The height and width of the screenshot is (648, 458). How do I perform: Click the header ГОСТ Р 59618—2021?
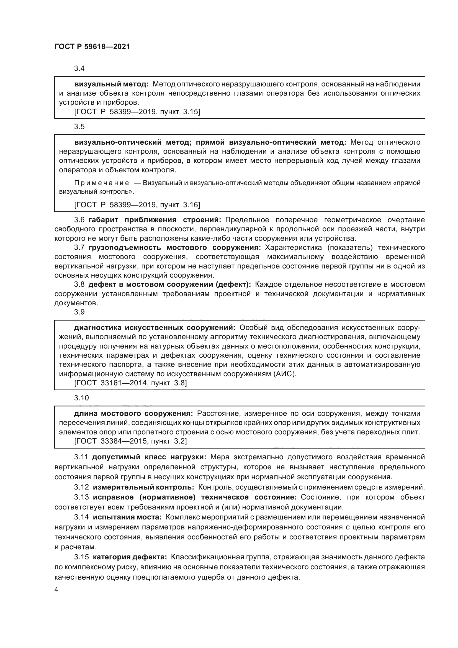tap(92, 47)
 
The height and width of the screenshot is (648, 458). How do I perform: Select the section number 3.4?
tap(79, 69)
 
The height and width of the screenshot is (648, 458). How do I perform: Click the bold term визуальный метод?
tap(111, 84)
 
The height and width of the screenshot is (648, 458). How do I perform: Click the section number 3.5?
tap(79, 127)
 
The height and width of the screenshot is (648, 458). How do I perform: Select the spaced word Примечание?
tap(102, 183)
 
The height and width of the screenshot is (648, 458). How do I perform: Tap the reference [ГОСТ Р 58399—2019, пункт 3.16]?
tap(137, 205)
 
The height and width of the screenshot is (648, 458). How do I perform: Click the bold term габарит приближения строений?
tap(155, 220)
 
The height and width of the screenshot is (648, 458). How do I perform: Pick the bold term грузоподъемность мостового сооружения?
tap(175, 247)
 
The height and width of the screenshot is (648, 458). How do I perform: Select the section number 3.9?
tap(79, 312)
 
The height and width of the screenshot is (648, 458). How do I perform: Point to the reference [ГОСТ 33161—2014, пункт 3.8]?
tap(130, 383)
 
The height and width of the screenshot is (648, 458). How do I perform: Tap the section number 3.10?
tap(81, 398)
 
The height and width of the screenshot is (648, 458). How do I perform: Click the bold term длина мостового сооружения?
tap(133, 414)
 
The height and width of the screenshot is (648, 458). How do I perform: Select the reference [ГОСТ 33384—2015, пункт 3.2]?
tap(130, 441)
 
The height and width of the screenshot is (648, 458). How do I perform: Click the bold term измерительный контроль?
tap(143, 487)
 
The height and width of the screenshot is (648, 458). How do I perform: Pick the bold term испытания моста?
tap(127, 517)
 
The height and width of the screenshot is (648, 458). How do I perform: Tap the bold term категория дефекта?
tap(130, 557)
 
